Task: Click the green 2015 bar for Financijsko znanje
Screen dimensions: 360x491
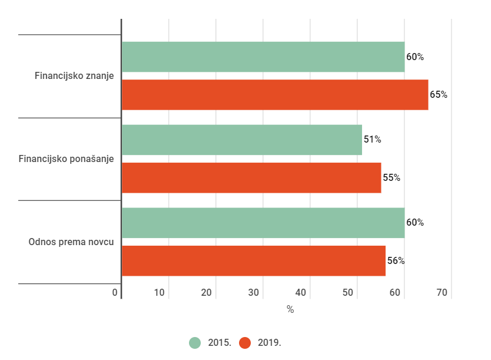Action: point(263,57)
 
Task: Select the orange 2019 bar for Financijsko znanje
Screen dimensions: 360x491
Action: point(274,95)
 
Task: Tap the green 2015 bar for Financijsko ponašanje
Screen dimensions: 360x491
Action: point(241,140)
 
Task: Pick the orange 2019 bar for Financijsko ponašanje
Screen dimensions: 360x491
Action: point(251,178)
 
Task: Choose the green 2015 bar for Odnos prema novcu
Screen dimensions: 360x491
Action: point(263,223)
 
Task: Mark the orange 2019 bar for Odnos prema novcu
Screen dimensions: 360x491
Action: point(253,260)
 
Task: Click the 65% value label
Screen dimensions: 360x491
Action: point(439,95)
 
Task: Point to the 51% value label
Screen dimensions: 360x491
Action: point(372,140)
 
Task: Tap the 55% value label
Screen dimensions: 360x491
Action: point(392,178)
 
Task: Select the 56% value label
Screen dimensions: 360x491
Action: point(396,260)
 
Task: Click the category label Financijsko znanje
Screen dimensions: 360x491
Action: point(74,76)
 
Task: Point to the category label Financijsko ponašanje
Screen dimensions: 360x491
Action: point(66,159)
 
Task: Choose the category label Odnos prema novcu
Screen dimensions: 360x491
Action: point(71,242)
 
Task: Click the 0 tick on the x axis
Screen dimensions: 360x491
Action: point(115,293)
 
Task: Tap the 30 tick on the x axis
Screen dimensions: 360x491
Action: point(254,293)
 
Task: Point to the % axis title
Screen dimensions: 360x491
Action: point(290,309)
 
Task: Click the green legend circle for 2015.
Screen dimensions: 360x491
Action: point(195,343)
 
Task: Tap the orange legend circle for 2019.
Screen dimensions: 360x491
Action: point(245,343)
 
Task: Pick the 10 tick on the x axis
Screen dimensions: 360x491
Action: point(160,293)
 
